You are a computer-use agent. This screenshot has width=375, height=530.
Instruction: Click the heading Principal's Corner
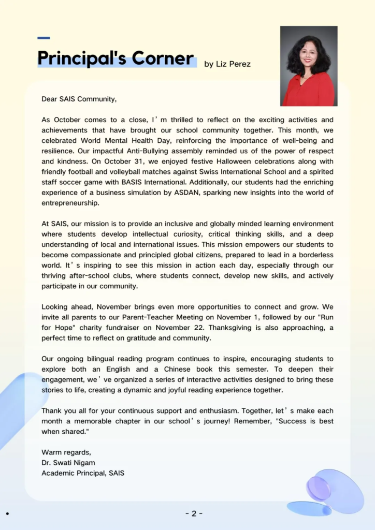116,58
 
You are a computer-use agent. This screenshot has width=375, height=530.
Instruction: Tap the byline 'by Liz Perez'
228,64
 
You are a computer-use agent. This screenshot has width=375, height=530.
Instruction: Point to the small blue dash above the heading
44,38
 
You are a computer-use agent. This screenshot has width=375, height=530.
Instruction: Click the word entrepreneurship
70,203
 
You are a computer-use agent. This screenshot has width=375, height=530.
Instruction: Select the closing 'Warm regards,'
66,452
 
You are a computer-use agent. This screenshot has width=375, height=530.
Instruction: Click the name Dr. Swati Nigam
68,462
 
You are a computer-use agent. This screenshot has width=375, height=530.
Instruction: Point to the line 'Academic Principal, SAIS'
83,473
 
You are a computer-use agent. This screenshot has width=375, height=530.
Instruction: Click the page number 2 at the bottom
194,513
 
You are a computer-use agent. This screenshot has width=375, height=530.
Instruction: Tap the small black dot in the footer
8,513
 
